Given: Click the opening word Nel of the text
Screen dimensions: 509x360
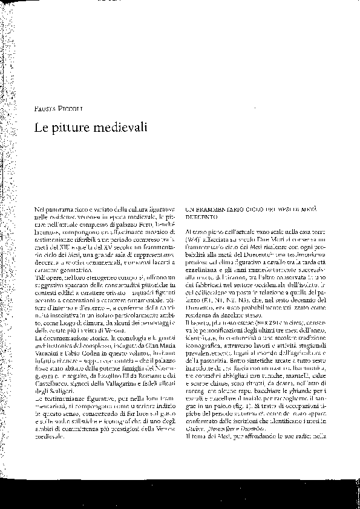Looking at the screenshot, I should [x=40, y=207].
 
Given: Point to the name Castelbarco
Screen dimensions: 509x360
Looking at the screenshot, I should [x=53, y=378].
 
